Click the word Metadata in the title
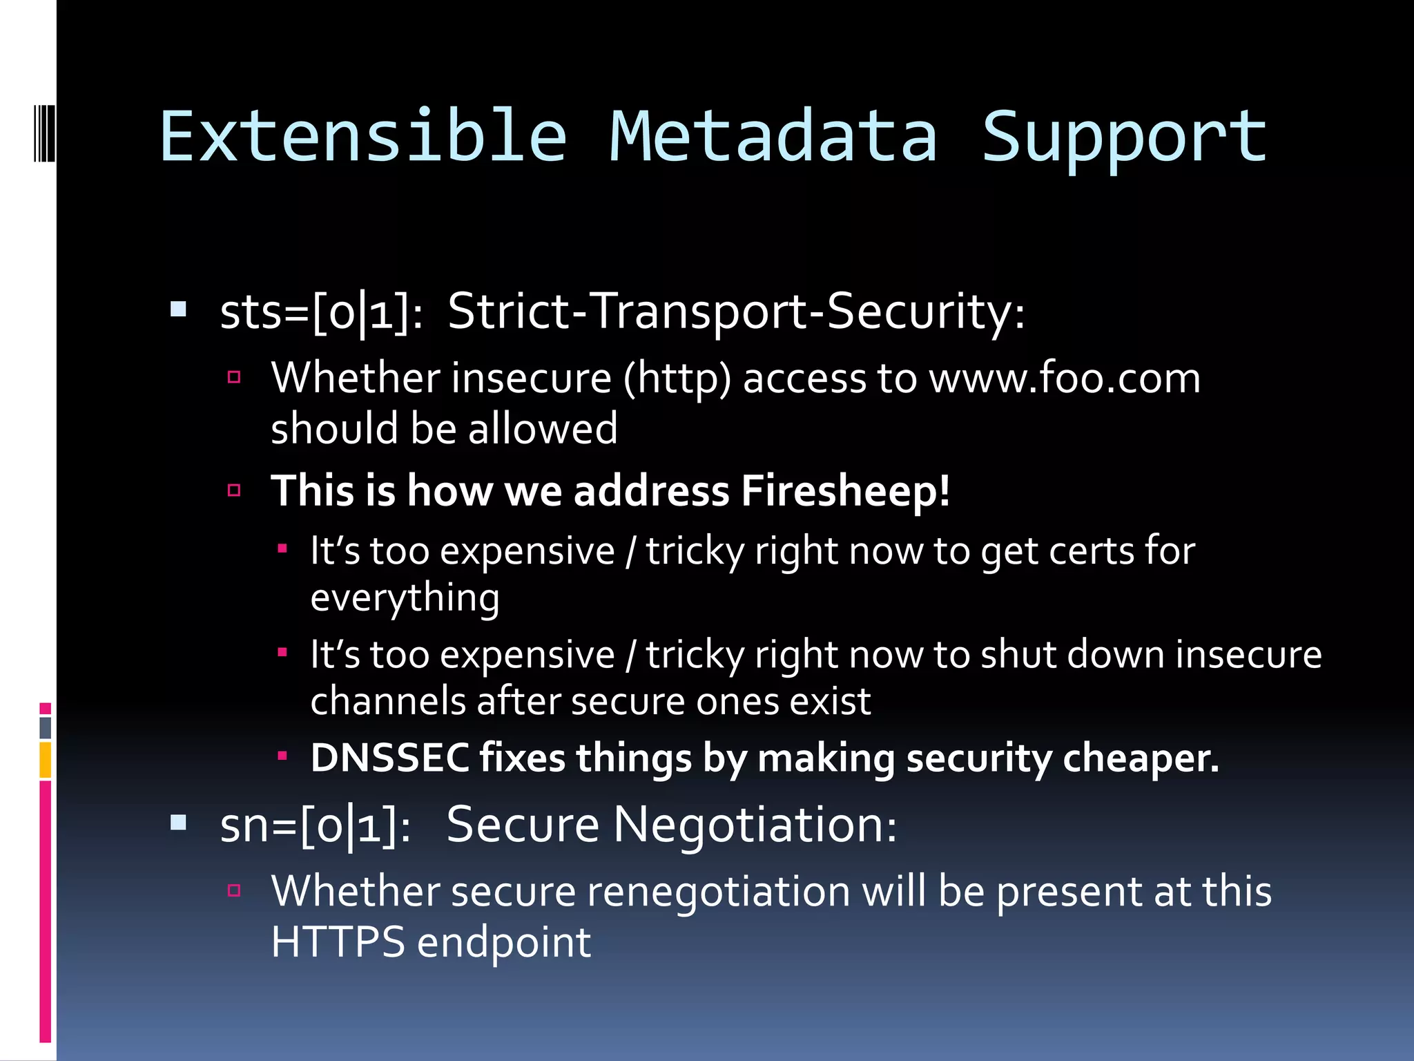pos(773,137)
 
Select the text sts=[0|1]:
pos(321,313)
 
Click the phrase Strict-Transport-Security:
pos(736,312)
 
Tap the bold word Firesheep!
pos(845,490)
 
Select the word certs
pos(1090,551)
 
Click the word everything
pos(405,598)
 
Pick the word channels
pos(387,701)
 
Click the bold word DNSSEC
pos(389,758)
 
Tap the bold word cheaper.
pos(1141,758)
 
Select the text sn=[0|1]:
pos(315,825)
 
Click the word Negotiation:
pos(755,825)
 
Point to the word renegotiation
pos(718,891)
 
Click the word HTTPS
pos(338,941)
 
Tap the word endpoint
pos(504,942)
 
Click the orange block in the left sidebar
pos(46,760)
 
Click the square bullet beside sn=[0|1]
pos(179,822)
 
